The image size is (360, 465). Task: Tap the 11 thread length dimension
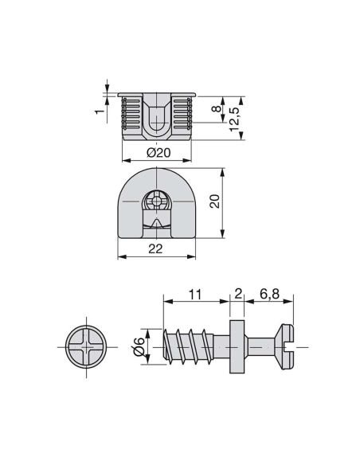[194, 294]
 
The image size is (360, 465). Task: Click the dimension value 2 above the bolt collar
[237, 294]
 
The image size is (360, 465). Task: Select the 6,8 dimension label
[268, 294]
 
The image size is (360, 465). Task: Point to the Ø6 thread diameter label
[139, 346]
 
